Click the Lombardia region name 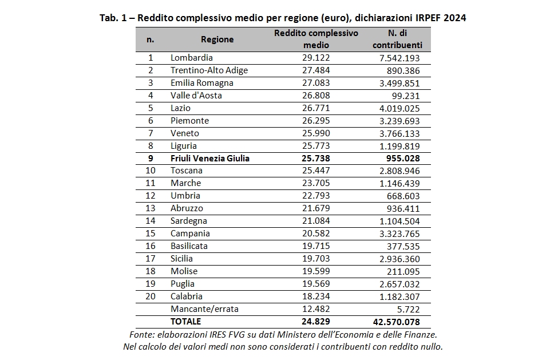coord(192,58)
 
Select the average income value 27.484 coord(316,70)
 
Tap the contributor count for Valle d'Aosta coord(406,96)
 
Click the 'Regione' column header coord(217,39)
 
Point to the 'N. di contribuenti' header coord(397,39)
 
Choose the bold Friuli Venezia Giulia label coord(210,158)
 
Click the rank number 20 coord(151,296)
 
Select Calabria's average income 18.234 coord(316,296)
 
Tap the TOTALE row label coord(185,322)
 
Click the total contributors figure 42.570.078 coord(397,322)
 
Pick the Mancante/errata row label coord(204,308)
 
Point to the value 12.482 coord(316,308)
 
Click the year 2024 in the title coord(455,18)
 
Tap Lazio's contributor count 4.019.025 coord(399,108)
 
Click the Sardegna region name coord(189,221)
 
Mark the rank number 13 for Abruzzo coord(151,208)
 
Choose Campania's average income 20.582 coord(316,234)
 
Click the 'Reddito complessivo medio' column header coord(316,39)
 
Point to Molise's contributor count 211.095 coord(403,272)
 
